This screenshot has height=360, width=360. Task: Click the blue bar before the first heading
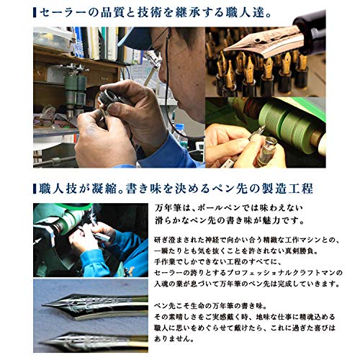(x=37, y=12)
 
